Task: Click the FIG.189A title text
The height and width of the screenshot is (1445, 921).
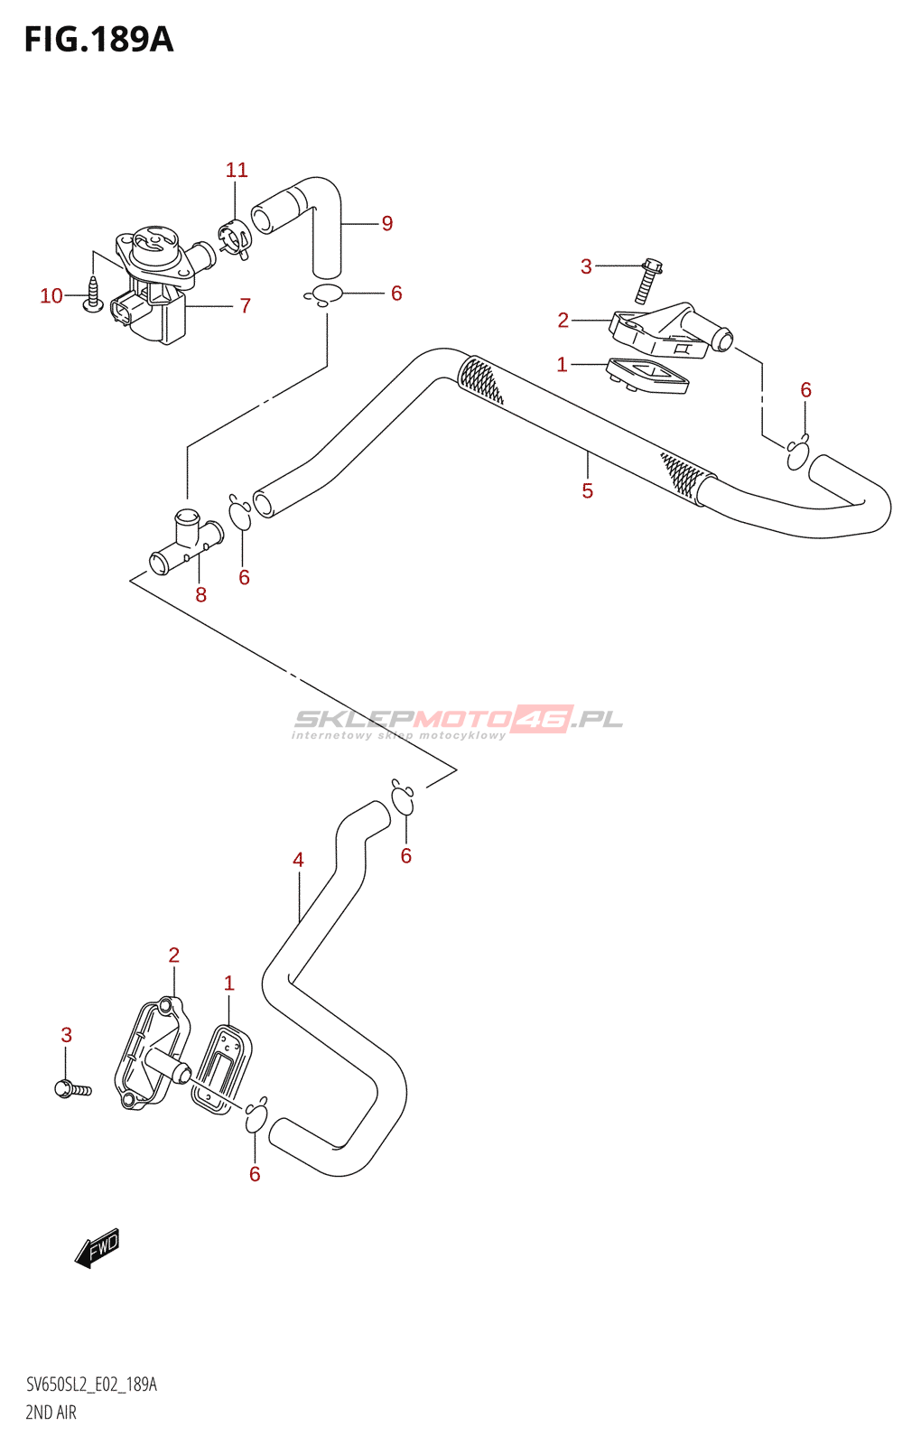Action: click(x=98, y=40)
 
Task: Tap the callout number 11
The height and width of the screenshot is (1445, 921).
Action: click(x=237, y=170)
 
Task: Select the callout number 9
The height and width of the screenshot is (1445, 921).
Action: click(x=387, y=223)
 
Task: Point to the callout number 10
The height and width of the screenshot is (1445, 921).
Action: click(x=51, y=296)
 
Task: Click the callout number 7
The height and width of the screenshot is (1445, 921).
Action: click(x=245, y=305)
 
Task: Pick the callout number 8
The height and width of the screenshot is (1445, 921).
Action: click(x=201, y=595)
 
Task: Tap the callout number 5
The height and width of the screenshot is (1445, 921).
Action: click(x=587, y=491)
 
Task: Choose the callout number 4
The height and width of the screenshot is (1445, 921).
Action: click(x=298, y=860)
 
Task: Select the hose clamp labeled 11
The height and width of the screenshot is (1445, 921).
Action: click(x=235, y=238)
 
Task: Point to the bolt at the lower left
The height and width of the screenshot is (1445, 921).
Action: click(x=73, y=1089)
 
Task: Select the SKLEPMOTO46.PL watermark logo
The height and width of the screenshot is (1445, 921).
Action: click(x=458, y=722)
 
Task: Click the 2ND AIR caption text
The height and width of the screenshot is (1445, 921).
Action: click(x=51, y=1412)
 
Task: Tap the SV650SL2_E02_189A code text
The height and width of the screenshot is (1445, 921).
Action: click(x=91, y=1384)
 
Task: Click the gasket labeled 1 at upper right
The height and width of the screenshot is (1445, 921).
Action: click(x=647, y=376)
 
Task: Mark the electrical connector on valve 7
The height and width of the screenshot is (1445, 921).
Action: click(x=124, y=310)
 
